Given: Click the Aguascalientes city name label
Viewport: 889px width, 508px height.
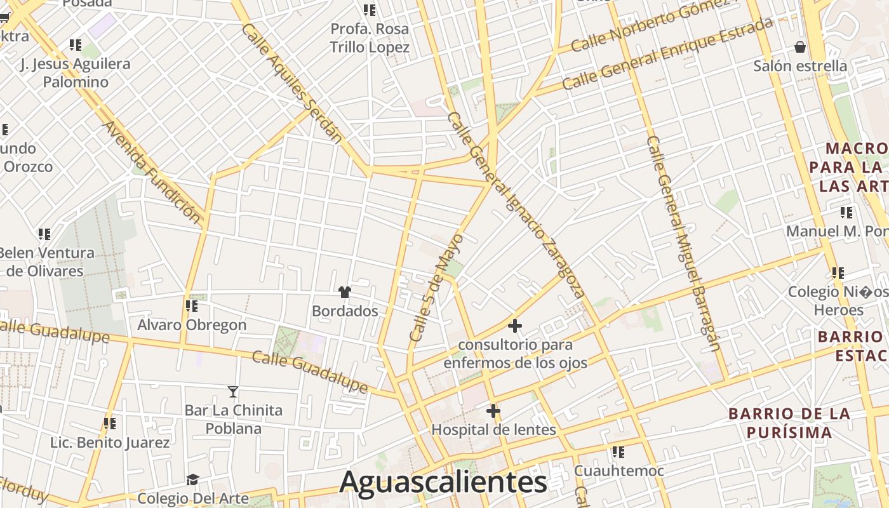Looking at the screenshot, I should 443,482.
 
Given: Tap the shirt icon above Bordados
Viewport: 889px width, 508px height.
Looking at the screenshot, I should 345,292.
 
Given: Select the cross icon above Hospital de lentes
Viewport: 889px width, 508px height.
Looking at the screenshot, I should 493,411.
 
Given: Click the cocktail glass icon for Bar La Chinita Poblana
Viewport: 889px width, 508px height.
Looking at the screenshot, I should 233,391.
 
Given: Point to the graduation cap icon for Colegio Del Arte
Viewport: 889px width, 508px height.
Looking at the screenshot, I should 192,479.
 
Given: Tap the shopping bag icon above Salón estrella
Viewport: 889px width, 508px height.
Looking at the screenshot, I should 800,47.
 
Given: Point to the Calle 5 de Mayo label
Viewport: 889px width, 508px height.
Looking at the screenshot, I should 436,288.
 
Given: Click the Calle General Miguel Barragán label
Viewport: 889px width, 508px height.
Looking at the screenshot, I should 683,243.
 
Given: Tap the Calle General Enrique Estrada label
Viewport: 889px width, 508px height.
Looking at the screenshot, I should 667,53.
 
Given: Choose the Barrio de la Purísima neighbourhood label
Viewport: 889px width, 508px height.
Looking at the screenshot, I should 789,423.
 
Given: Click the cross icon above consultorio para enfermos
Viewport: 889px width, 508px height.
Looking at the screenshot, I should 515,326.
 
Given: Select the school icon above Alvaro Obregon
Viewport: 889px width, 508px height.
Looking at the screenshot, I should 192,306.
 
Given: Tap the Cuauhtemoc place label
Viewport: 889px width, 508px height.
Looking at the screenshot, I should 619,471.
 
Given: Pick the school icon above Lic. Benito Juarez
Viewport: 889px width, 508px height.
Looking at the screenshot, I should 110,424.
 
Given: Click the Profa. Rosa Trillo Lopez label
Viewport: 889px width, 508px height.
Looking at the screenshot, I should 370,38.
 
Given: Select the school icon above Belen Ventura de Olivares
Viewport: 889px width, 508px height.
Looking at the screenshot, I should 44,234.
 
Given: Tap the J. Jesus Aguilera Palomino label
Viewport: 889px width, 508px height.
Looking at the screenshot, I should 76,72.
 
